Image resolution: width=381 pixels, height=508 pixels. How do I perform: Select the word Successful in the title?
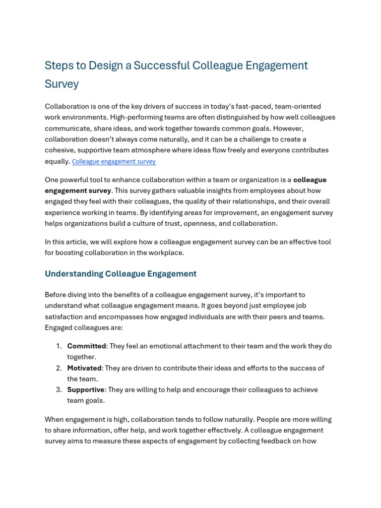160,65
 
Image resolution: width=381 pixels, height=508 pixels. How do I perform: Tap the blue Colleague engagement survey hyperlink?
114,161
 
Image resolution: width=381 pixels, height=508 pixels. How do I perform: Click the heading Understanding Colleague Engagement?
121,274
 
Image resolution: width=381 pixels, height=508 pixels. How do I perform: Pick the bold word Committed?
86,346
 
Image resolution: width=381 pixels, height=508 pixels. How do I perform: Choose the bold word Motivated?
84,368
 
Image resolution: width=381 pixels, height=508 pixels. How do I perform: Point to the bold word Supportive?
86,390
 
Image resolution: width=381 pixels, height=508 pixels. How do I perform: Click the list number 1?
59,346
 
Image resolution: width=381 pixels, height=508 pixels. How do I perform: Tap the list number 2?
59,368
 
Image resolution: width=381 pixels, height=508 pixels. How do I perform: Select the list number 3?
59,390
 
